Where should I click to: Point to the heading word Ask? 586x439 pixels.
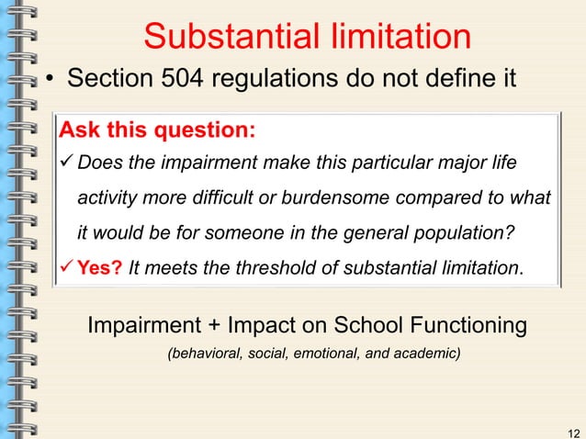[80, 129]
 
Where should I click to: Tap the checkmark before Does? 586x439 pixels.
[67, 163]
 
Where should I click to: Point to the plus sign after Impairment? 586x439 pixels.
[218, 325]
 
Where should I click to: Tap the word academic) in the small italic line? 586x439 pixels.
[427, 353]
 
